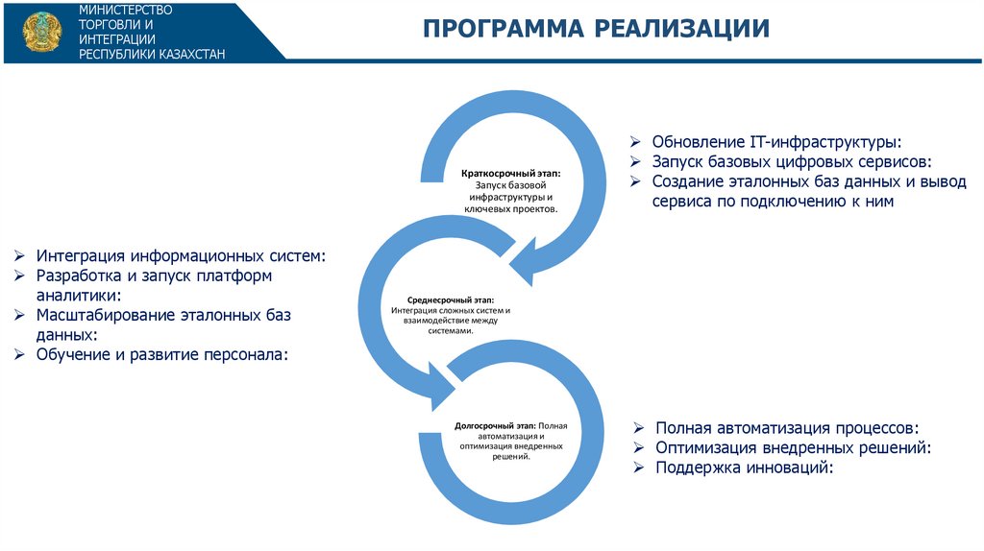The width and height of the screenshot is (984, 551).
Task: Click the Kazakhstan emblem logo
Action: tap(39, 31)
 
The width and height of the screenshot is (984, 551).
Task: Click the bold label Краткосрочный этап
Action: tap(510, 173)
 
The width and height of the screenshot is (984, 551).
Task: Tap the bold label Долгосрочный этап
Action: tap(494, 423)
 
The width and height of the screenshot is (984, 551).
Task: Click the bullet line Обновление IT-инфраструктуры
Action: tap(776, 142)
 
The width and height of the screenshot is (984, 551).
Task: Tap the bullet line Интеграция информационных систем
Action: tap(181, 256)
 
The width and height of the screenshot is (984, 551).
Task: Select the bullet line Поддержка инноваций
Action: tap(743, 467)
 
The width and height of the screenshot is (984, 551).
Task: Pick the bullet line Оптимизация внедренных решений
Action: tap(794, 447)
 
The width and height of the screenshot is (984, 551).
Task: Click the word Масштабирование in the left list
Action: tap(107, 315)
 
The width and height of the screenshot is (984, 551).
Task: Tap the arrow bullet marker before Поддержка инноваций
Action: tap(639, 467)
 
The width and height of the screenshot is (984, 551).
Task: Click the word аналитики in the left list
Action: tap(78, 296)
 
